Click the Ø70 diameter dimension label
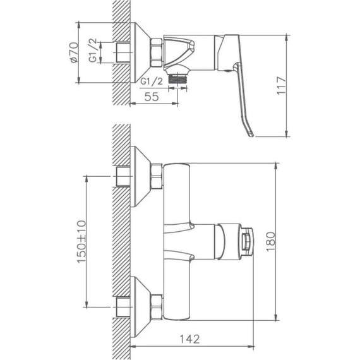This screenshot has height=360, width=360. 73,52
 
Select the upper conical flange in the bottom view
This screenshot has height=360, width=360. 140,176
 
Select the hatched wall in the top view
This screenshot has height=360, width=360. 120,51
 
